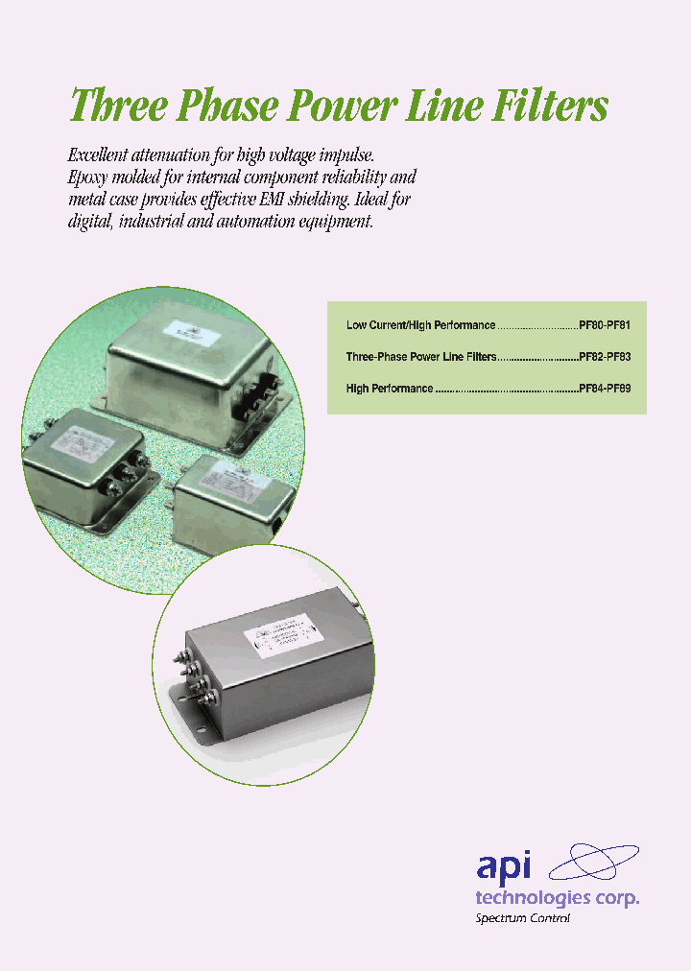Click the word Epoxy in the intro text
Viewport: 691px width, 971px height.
92,178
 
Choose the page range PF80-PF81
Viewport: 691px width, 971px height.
605,326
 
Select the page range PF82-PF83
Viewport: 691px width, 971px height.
605,357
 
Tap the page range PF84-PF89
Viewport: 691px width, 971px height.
605,390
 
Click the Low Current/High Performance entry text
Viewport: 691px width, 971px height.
420,326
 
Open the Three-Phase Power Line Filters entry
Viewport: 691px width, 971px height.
420,357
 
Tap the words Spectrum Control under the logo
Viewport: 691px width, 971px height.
523,918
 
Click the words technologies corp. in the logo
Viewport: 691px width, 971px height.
557,897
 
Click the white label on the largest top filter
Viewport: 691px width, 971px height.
190,330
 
